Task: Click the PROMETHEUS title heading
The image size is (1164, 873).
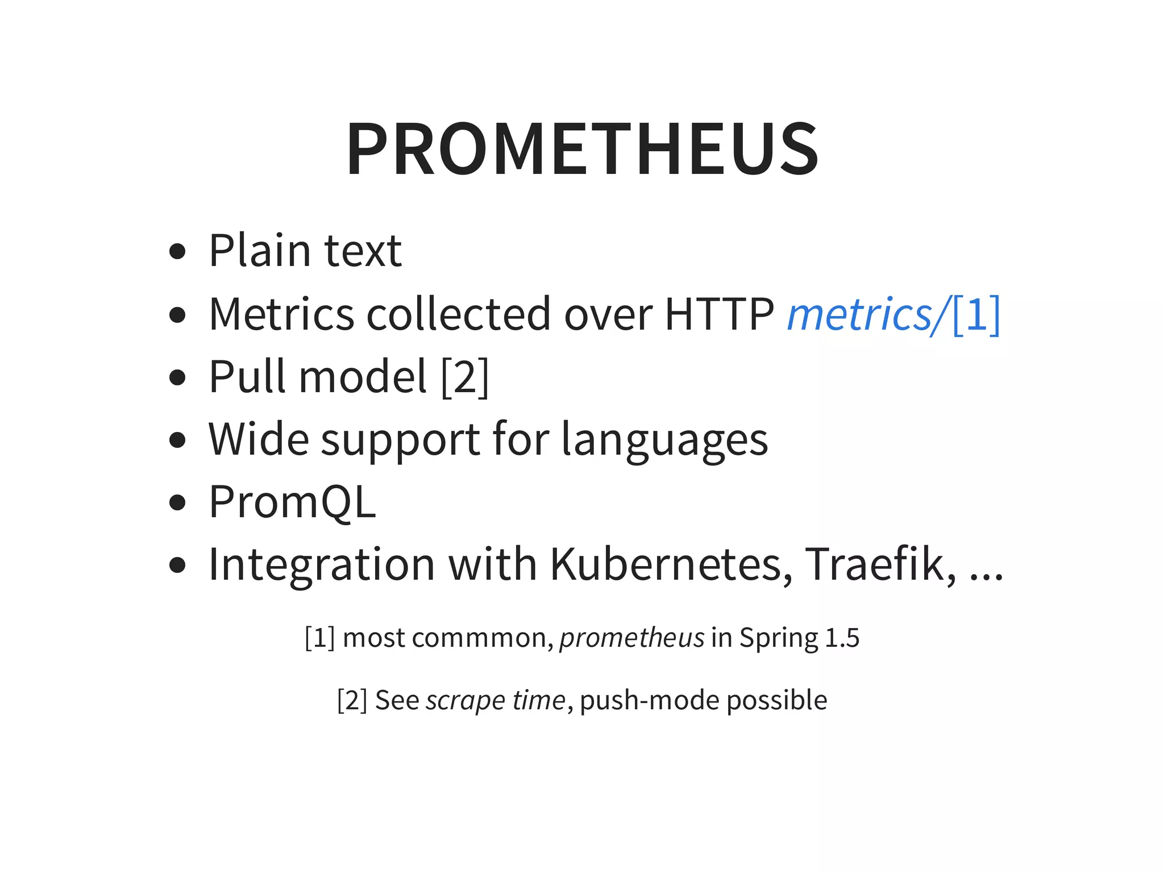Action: pos(582,149)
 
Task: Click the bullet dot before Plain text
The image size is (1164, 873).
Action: pos(178,251)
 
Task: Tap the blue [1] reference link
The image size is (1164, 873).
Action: pos(975,314)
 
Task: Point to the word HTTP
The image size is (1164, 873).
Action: pos(719,314)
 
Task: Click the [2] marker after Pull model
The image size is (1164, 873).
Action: pos(464,377)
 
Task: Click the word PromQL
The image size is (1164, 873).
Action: pos(292,502)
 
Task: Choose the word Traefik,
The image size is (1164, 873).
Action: pos(880,564)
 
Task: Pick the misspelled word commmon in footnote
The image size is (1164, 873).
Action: pos(483,638)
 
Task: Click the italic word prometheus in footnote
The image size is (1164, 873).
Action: pos(631,638)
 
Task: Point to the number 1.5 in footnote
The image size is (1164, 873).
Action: pos(842,638)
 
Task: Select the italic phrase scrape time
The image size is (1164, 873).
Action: pos(495,700)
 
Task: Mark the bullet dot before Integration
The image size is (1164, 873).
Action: pos(178,566)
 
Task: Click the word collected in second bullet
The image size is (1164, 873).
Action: pos(459,314)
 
